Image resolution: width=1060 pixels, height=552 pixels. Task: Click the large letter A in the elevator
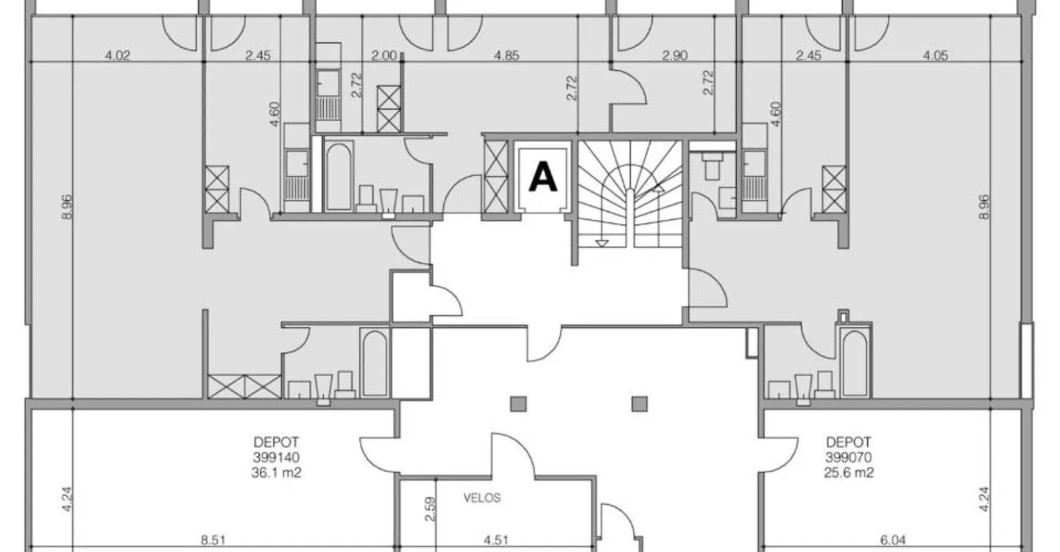click(543, 176)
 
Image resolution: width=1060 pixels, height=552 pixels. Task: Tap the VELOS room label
click(481, 498)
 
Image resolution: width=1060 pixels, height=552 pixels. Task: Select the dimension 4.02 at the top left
click(117, 55)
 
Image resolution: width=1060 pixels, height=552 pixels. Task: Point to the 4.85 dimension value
click(506, 55)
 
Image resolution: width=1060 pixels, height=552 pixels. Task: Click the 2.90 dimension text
click(674, 55)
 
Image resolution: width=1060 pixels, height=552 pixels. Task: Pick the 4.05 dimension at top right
click(936, 55)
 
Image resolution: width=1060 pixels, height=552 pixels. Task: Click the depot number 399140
click(276, 457)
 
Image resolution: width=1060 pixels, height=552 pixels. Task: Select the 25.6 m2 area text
click(849, 473)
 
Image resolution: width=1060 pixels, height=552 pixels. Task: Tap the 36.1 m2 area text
click(276, 473)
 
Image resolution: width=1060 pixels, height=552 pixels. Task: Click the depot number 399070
click(849, 457)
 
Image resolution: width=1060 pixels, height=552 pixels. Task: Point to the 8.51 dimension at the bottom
click(213, 539)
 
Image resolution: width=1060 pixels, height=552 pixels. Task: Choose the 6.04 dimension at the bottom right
click(892, 539)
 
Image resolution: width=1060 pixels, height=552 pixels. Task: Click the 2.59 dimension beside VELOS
click(430, 509)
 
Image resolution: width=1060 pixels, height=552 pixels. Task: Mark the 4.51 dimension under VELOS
click(496, 539)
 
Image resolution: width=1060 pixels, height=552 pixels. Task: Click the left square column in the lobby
click(519, 404)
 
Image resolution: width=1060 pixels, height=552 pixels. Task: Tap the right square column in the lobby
click(640, 404)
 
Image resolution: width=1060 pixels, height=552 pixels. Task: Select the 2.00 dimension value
click(384, 55)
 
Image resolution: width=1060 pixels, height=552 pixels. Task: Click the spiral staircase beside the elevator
click(630, 194)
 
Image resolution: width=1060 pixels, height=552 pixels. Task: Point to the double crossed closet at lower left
click(244, 386)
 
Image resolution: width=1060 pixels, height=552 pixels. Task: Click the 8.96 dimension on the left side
click(67, 207)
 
